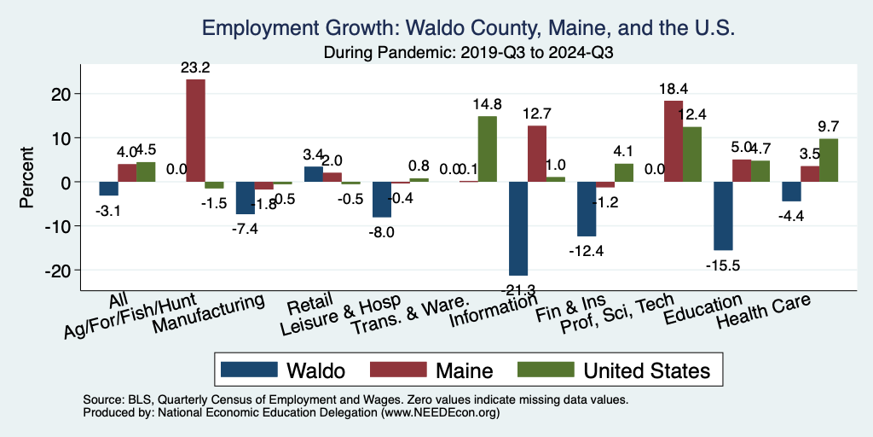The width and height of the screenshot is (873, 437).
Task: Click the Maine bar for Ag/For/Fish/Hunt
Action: point(195,131)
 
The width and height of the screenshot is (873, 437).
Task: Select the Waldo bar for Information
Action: point(518,228)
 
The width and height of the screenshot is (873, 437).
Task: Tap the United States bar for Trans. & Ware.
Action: point(487,149)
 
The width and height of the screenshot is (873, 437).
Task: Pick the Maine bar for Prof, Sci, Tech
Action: point(674,141)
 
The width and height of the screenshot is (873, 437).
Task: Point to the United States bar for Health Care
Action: point(829,160)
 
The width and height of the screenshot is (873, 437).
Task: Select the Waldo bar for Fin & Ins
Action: point(587,209)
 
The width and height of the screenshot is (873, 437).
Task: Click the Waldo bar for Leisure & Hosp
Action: point(382,200)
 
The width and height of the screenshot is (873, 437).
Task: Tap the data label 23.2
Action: point(195,67)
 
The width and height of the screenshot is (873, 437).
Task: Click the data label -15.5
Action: point(723,265)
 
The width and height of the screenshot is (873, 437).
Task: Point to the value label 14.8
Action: point(487,104)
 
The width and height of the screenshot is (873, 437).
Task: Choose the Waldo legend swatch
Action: point(249,370)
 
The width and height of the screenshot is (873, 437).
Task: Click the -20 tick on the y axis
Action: point(63,270)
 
